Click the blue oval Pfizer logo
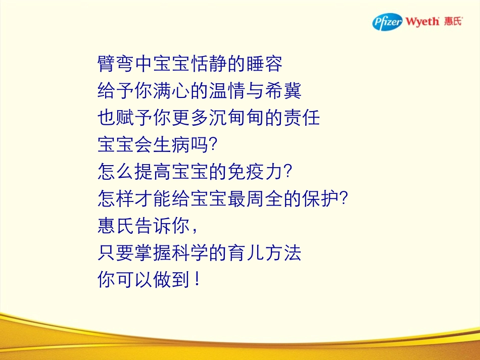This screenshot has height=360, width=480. [x=388, y=22]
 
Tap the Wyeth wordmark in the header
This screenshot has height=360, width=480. [x=422, y=22]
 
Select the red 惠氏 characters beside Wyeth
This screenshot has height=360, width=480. [x=453, y=22]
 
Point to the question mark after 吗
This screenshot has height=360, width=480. [x=213, y=145]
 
